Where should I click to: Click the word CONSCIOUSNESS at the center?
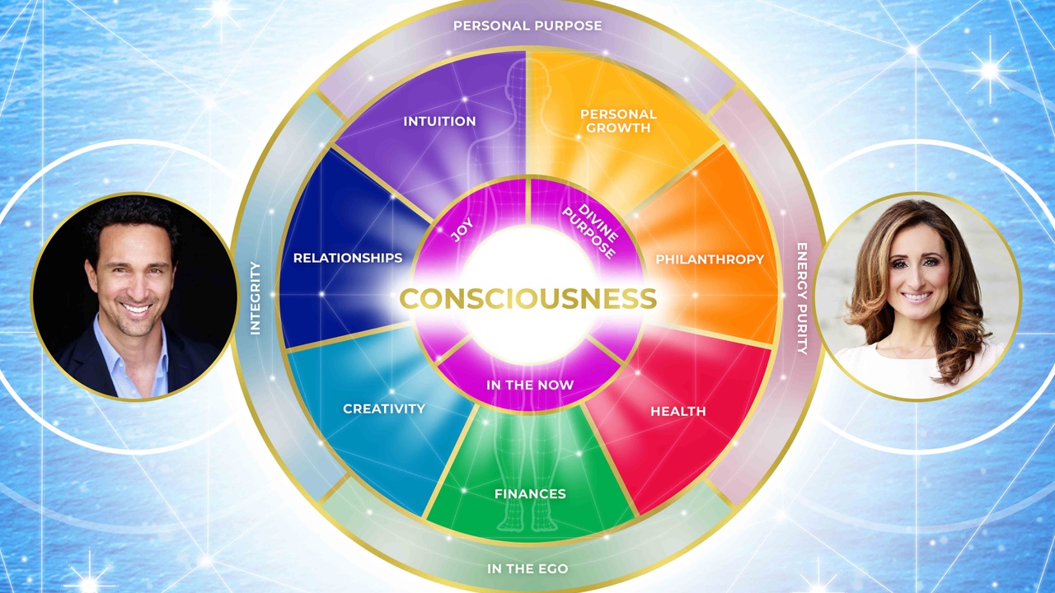tap(528, 298)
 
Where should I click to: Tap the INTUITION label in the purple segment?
tap(439, 121)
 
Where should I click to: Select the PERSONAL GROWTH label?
tap(618, 121)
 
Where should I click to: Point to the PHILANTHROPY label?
tap(710, 259)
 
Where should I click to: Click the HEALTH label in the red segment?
tap(678, 411)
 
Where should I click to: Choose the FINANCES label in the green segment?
tap(530, 493)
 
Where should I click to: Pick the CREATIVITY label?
tap(384, 409)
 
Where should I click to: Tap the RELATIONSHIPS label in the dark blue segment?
tap(348, 258)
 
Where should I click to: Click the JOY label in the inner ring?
tap(462, 230)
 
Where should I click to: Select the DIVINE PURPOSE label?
tap(591, 231)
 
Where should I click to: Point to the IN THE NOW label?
tap(530, 385)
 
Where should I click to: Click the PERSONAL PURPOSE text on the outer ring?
tap(527, 26)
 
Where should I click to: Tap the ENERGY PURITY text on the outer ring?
tap(802, 299)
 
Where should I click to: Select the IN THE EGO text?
tap(527, 568)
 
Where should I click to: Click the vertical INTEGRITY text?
tap(256, 298)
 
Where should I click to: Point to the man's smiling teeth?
tap(136, 309)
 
